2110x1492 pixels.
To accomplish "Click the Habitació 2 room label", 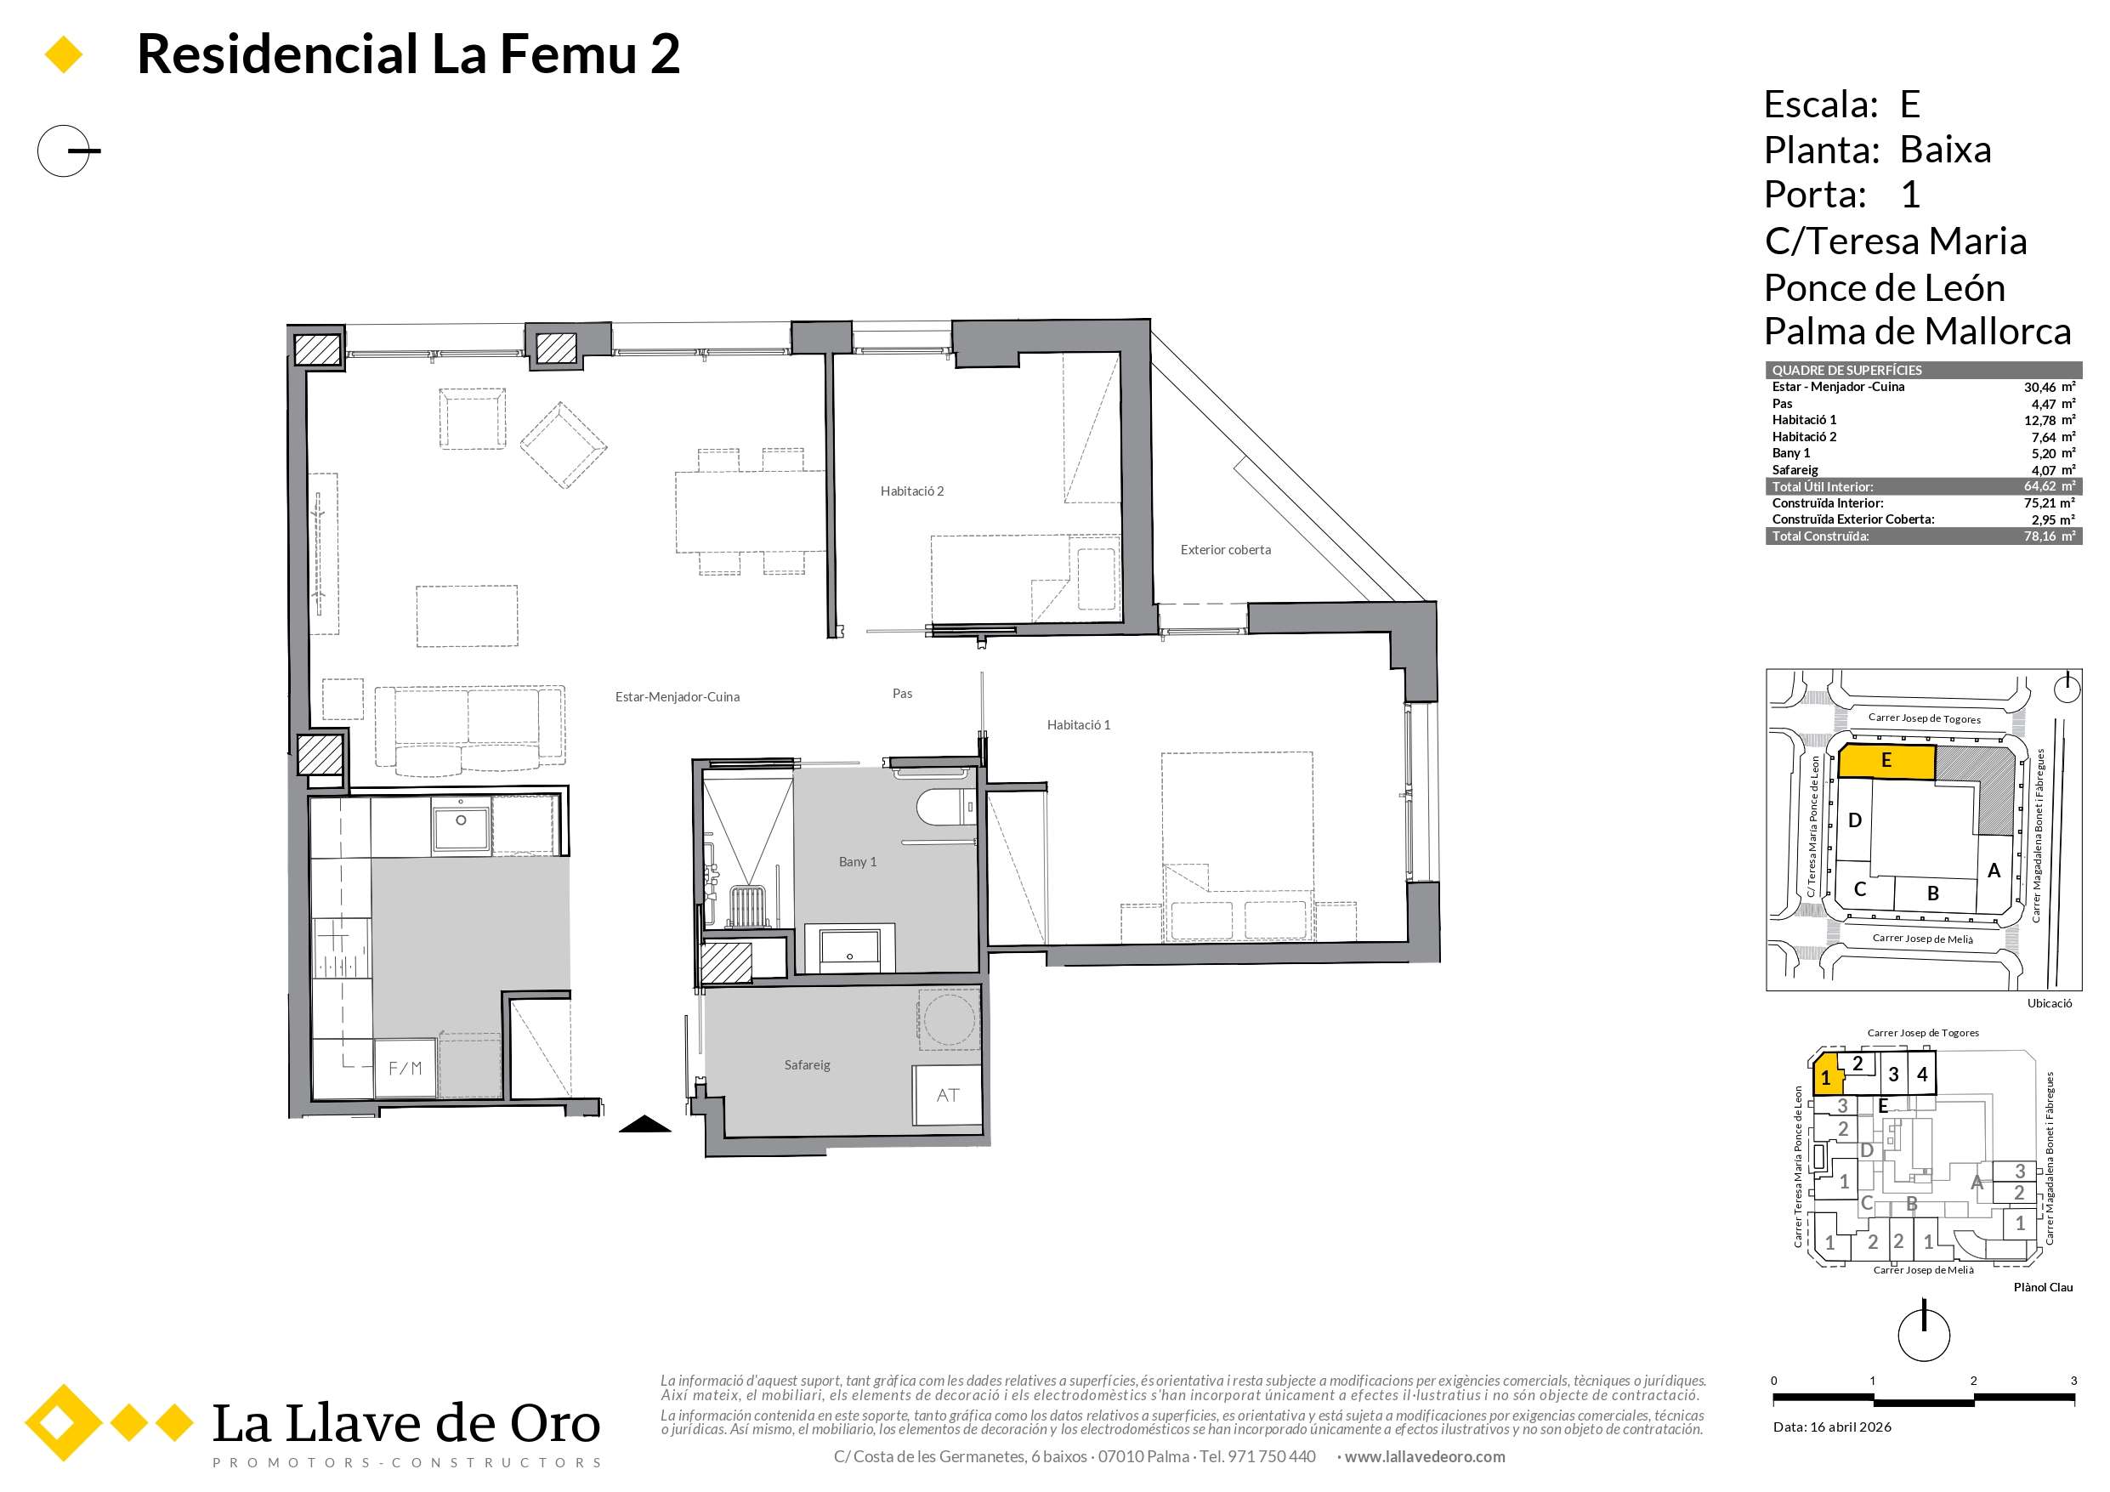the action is pyautogui.click(x=911, y=491).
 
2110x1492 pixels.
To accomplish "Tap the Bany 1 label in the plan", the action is pyautogui.click(x=858, y=861).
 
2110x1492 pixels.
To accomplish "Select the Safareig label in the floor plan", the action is pyautogui.click(x=807, y=1064).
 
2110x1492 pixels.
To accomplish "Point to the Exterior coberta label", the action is pyautogui.click(x=1225, y=550).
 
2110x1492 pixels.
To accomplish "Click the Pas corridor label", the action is pyautogui.click(x=903, y=693).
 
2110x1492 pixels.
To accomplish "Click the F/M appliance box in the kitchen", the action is pyautogui.click(x=405, y=1067).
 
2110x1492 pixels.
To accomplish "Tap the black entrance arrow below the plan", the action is pyautogui.click(x=645, y=1123).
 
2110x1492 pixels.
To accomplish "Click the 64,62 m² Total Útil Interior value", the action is pyautogui.click(x=2050, y=486).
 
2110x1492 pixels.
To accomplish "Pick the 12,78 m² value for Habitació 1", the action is pyautogui.click(x=2050, y=420).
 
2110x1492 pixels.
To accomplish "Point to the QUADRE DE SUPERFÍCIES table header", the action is pyautogui.click(x=1846, y=371).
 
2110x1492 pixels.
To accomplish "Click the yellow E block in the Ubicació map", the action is pyautogui.click(x=1886, y=762).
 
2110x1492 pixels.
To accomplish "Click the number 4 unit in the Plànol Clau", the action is pyautogui.click(x=1921, y=1074).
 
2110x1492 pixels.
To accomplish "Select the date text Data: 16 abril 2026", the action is pyautogui.click(x=1831, y=1427).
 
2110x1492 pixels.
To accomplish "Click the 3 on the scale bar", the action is pyautogui.click(x=2073, y=1380).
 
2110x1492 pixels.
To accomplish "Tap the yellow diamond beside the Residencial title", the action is pyautogui.click(x=64, y=54).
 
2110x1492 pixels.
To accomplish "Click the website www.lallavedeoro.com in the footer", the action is pyautogui.click(x=1425, y=1456).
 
